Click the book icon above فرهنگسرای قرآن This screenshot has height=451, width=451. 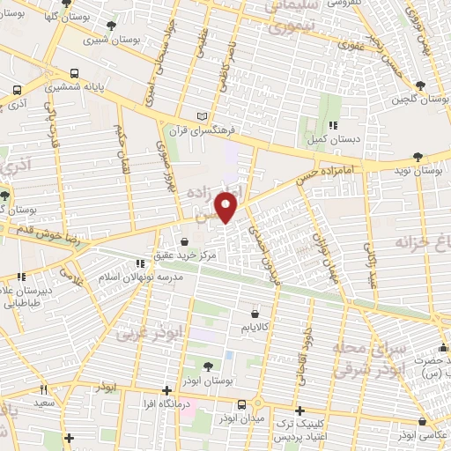pos(204,116)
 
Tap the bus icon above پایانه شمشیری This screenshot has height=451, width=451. pos(75,74)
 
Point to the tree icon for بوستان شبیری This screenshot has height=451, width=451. pos(110,26)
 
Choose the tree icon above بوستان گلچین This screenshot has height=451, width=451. pos(418,85)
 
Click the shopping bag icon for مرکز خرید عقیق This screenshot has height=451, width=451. pos(184,240)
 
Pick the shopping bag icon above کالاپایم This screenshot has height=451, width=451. pos(255,313)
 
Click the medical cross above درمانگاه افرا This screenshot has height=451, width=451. pos(167,389)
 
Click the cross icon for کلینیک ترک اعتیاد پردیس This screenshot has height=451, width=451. pos(300,410)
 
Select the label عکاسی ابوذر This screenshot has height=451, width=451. pos(418,436)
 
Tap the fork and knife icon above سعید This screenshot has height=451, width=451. pos(42,388)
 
